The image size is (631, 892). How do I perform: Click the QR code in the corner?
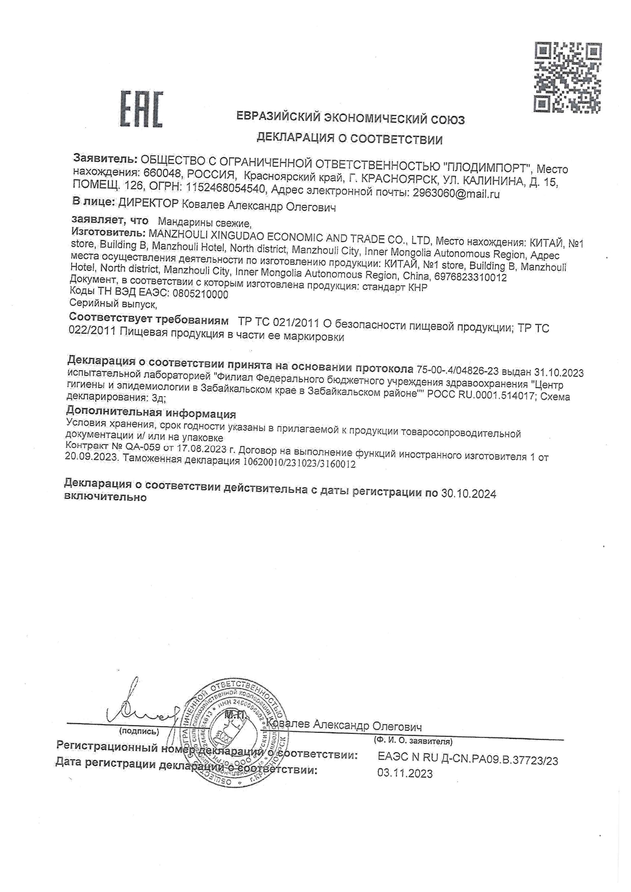click(x=567, y=77)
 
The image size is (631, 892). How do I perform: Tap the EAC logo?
click(x=141, y=109)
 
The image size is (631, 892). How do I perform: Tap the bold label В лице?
click(x=94, y=202)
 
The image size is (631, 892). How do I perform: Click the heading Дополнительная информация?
click(x=151, y=413)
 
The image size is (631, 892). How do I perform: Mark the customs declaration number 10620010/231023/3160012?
click(x=299, y=464)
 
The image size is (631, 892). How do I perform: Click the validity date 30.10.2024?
click(x=468, y=493)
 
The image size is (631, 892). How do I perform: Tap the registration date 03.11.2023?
click(x=405, y=774)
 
